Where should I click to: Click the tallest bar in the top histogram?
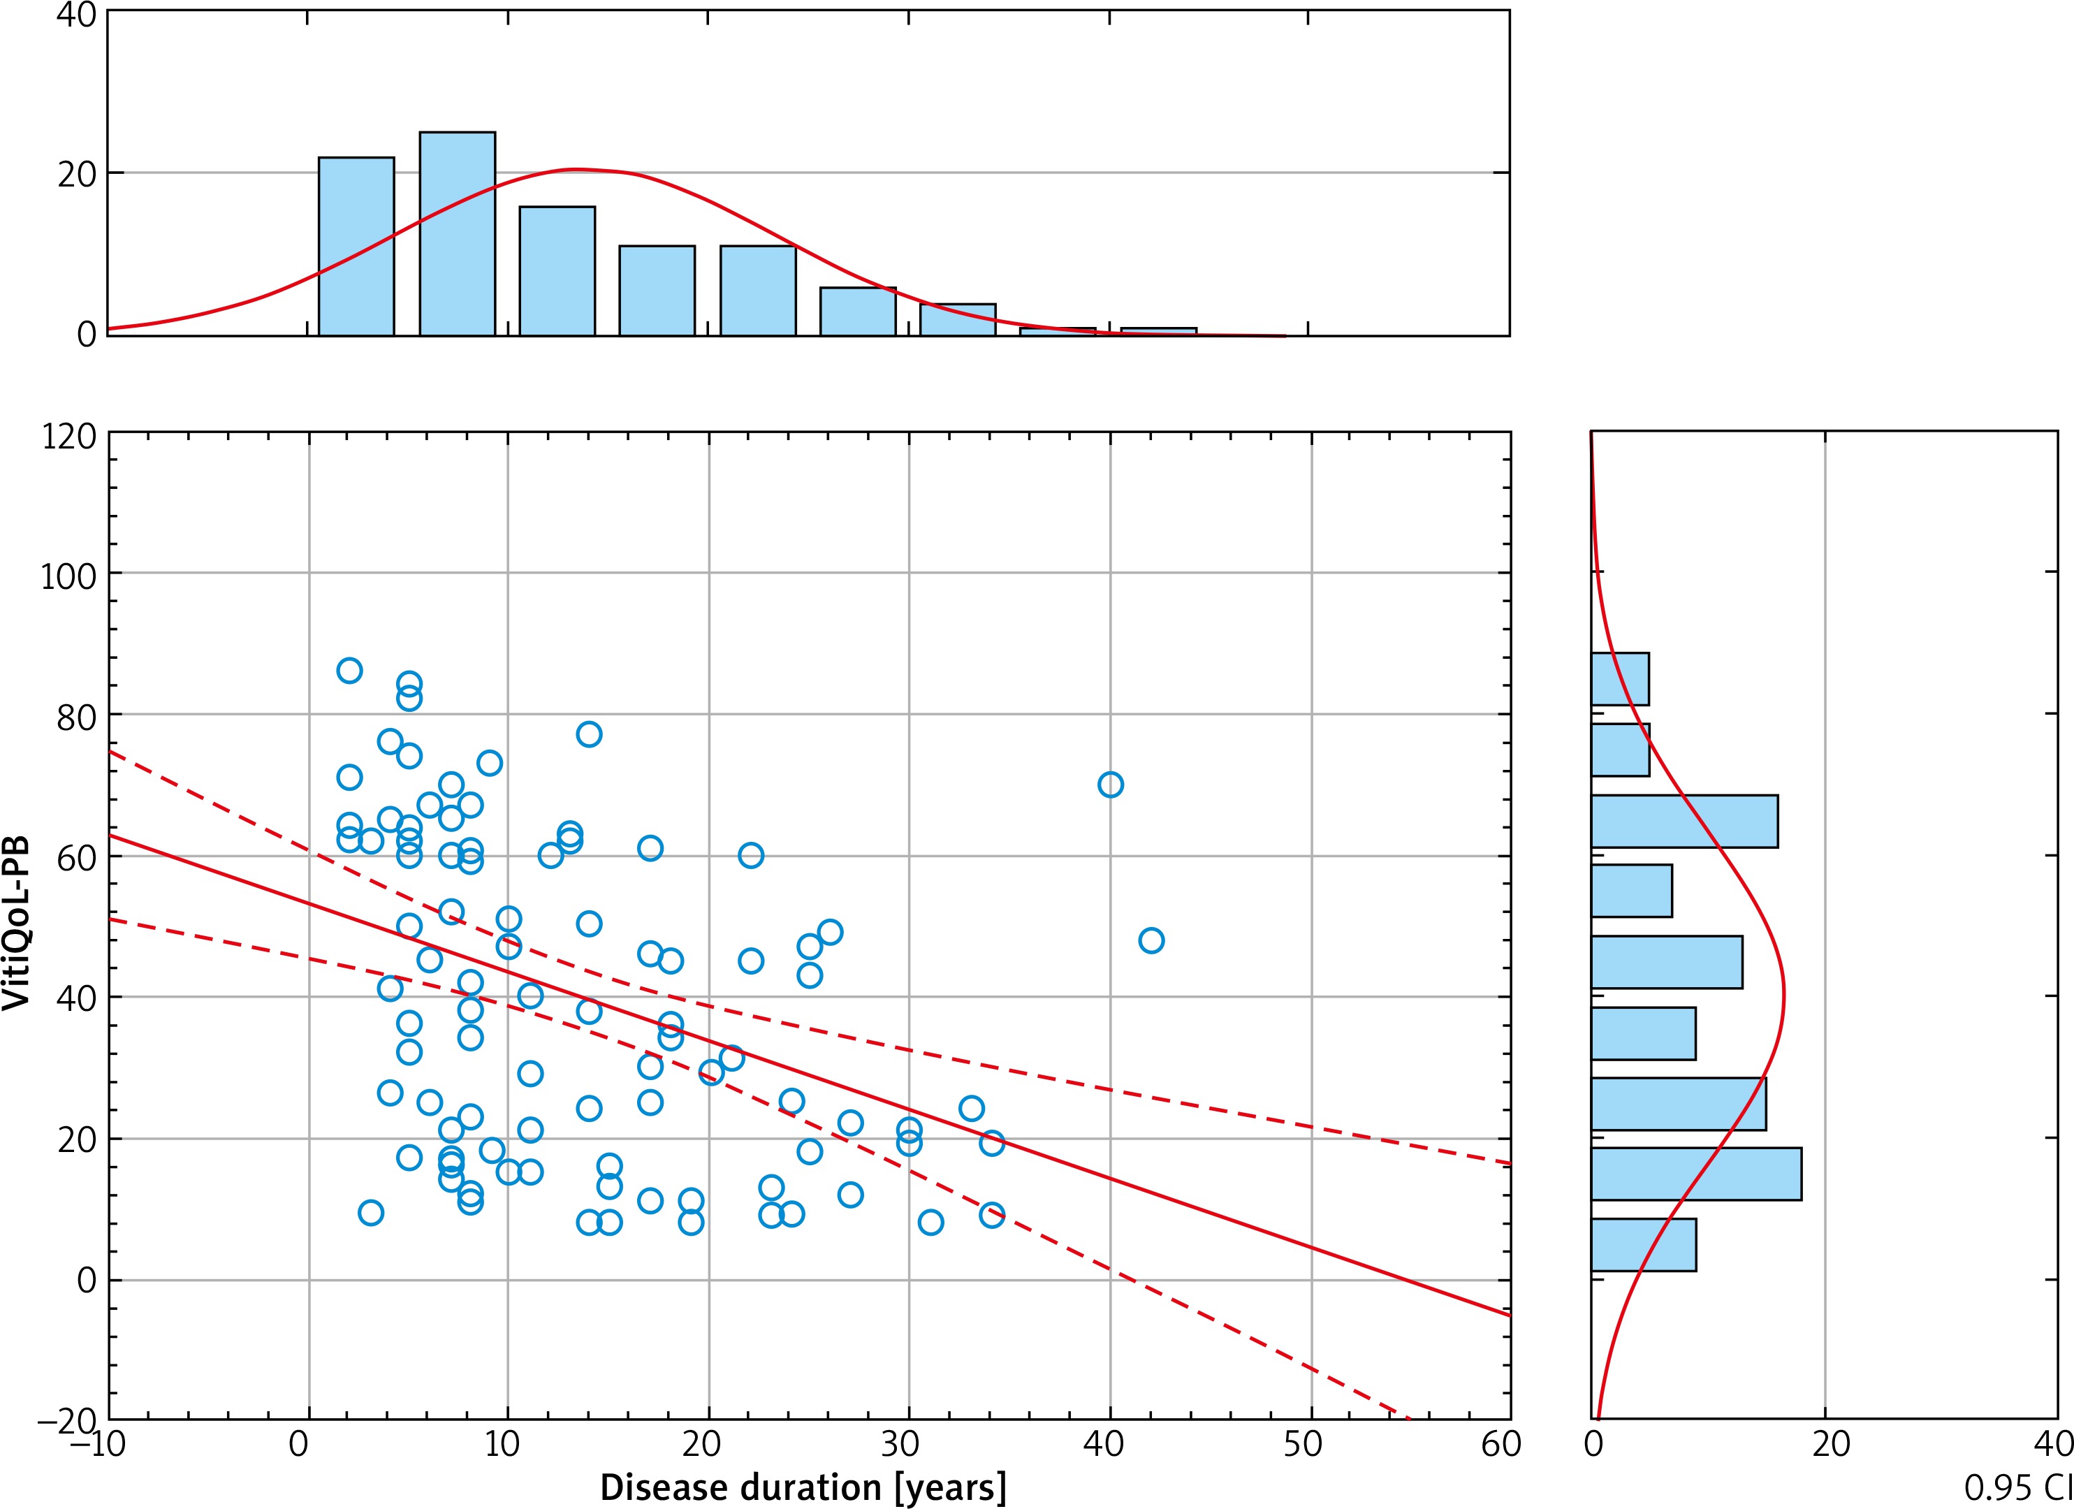click(x=458, y=233)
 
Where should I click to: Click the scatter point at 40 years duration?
click(x=1110, y=785)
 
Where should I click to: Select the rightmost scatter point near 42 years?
click(x=1151, y=940)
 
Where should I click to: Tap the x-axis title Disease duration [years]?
click(x=803, y=1487)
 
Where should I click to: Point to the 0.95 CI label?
click(x=2017, y=1489)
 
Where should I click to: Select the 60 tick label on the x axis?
click(x=1500, y=1445)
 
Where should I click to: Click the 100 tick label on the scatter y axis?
click(x=68, y=577)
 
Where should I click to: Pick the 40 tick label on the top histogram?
click(x=76, y=15)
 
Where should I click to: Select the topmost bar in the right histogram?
click(x=1619, y=678)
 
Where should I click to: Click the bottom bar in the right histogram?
click(x=1643, y=1245)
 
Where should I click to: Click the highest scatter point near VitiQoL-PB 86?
click(x=349, y=671)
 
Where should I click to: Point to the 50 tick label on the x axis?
click(x=1302, y=1445)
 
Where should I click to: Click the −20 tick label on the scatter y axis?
click(x=67, y=1420)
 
